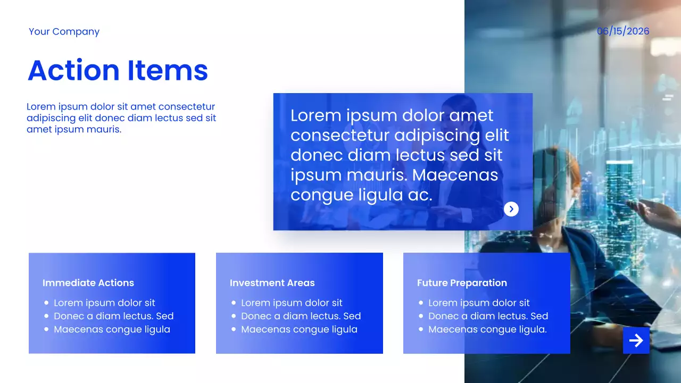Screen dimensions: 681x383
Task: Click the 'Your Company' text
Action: click(x=64, y=31)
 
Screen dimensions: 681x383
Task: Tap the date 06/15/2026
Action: click(x=623, y=31)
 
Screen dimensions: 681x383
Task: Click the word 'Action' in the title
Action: click(x=73, y=70)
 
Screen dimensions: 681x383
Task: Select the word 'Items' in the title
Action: click(x=168, y=70)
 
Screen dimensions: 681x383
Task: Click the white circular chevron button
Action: click(x=511, y=209)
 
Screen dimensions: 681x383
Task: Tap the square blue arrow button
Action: click(x=636, y=340)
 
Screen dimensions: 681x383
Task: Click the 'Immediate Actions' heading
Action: click(x=88, y=282)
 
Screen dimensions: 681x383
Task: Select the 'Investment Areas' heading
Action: click(x=272, y=282)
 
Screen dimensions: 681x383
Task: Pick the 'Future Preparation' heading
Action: click(x=462, y=282)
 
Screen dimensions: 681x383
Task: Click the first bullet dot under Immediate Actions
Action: click(x=46, y=303)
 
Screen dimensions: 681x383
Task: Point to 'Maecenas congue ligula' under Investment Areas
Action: click(x=299, y=329)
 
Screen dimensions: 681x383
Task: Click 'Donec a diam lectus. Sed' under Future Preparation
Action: click(x=488, y=316)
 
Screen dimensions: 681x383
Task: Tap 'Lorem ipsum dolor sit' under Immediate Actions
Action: click(x=104, y=303)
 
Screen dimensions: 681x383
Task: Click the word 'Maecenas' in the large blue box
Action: click(x=455, y=175)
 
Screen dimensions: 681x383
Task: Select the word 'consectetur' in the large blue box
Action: click(x=340, y=136)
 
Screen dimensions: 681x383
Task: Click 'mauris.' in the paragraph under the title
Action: click(x=104, y=129)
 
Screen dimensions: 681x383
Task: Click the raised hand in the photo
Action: click(x=654, y=213)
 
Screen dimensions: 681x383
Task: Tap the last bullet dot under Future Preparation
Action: click(x=421, y=329)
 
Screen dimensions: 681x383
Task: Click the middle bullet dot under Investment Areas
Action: click(x=234, y=316)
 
